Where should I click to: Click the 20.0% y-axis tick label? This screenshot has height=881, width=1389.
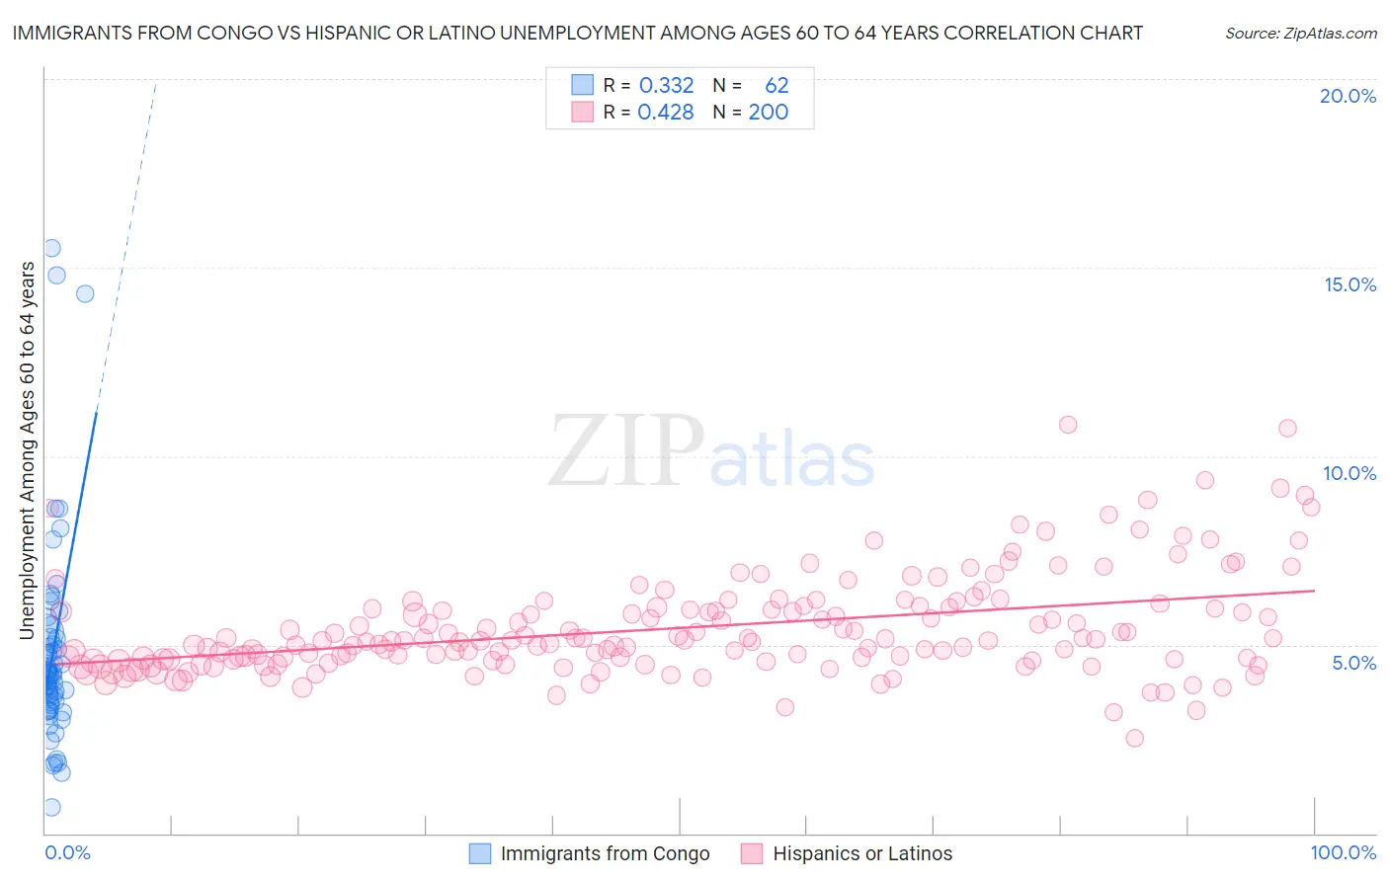click(1348, 96)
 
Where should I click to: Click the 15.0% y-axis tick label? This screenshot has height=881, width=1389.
click(1349, 284)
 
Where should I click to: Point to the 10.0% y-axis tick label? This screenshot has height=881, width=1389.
click(1349, 473)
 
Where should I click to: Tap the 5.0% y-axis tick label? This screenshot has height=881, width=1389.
click(1353, 663)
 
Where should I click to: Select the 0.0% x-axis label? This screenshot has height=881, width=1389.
click(67, 852)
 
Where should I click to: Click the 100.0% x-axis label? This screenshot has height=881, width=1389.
click(1343, 852)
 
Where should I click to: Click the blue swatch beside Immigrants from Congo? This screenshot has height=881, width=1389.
click(480, 853)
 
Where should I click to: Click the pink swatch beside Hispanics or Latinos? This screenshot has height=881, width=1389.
click(752, 853)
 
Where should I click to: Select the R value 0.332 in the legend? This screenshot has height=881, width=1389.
click(666, 85)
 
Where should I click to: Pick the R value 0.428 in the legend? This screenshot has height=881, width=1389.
click(666, 112)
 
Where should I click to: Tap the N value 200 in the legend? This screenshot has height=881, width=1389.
click(768, 112)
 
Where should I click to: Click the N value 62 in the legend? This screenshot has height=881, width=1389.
click(776, 85)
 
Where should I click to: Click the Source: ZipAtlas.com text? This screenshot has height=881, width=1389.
click(1300, 33)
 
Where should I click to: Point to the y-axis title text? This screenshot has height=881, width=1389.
click(27, 450)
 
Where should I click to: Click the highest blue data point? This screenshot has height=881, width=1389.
click(51, 248)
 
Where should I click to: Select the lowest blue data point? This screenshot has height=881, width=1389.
click(51, 807)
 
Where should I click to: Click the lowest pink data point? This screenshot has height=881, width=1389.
click(1134, 738)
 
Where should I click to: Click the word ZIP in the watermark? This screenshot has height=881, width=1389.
click(625, 451)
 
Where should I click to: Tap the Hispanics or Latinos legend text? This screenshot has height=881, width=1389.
click(862, 853)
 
